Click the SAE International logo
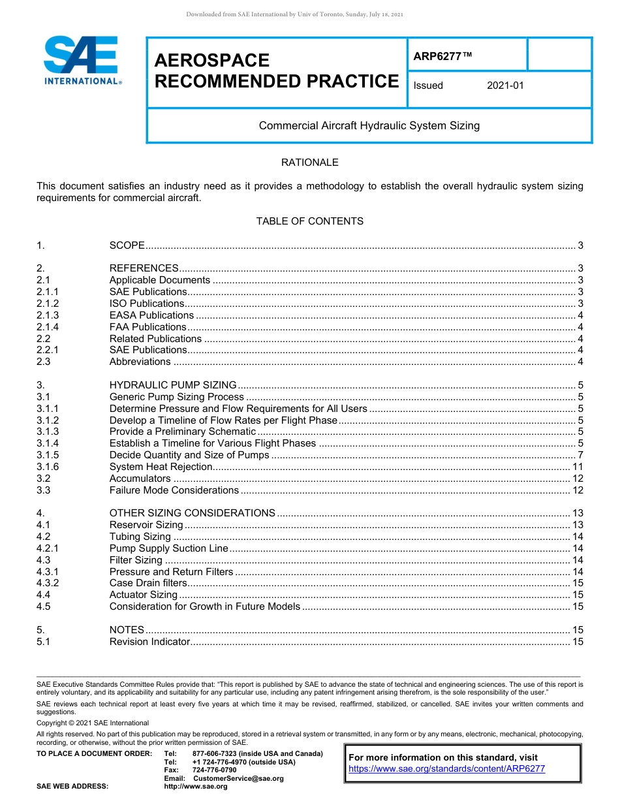81,61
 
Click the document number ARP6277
442,56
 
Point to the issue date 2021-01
505,86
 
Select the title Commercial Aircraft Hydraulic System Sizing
369,125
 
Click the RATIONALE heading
309,163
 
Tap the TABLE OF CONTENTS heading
309,221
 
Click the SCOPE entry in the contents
127,245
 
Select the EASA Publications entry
151,315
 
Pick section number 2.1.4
48,327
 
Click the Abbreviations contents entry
140,362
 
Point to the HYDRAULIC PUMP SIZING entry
173,385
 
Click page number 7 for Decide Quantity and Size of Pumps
580,455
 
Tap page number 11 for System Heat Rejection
578,467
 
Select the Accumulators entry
140,479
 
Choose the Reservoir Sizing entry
146,525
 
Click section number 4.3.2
48,583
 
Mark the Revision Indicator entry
149,642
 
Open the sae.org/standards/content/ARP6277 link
446,768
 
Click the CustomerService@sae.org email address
238,778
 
